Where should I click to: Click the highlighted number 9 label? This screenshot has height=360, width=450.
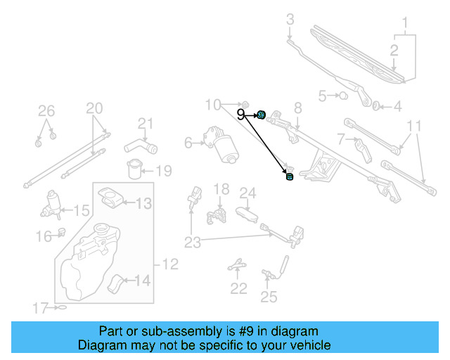coord(241,113)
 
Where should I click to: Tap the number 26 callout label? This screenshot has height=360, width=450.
coord(46,110)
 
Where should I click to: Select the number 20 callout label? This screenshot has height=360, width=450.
coord(94,108)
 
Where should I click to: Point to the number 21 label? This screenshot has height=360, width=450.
coord(145,124)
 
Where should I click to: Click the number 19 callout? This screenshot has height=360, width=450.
coord(163,171)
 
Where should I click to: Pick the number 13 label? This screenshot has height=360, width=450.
coord(143,204)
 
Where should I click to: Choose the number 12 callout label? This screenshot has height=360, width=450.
coord(171,265)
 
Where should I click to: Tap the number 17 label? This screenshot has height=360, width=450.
coord(41,307)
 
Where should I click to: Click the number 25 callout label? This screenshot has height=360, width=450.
coord(269,297)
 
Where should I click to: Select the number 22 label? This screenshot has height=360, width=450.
coord(239,288)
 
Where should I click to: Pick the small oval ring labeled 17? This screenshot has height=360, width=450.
coord(61,307)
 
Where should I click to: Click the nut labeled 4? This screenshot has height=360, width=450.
coord(377,106)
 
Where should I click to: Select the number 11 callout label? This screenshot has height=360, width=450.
coord(415,127)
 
